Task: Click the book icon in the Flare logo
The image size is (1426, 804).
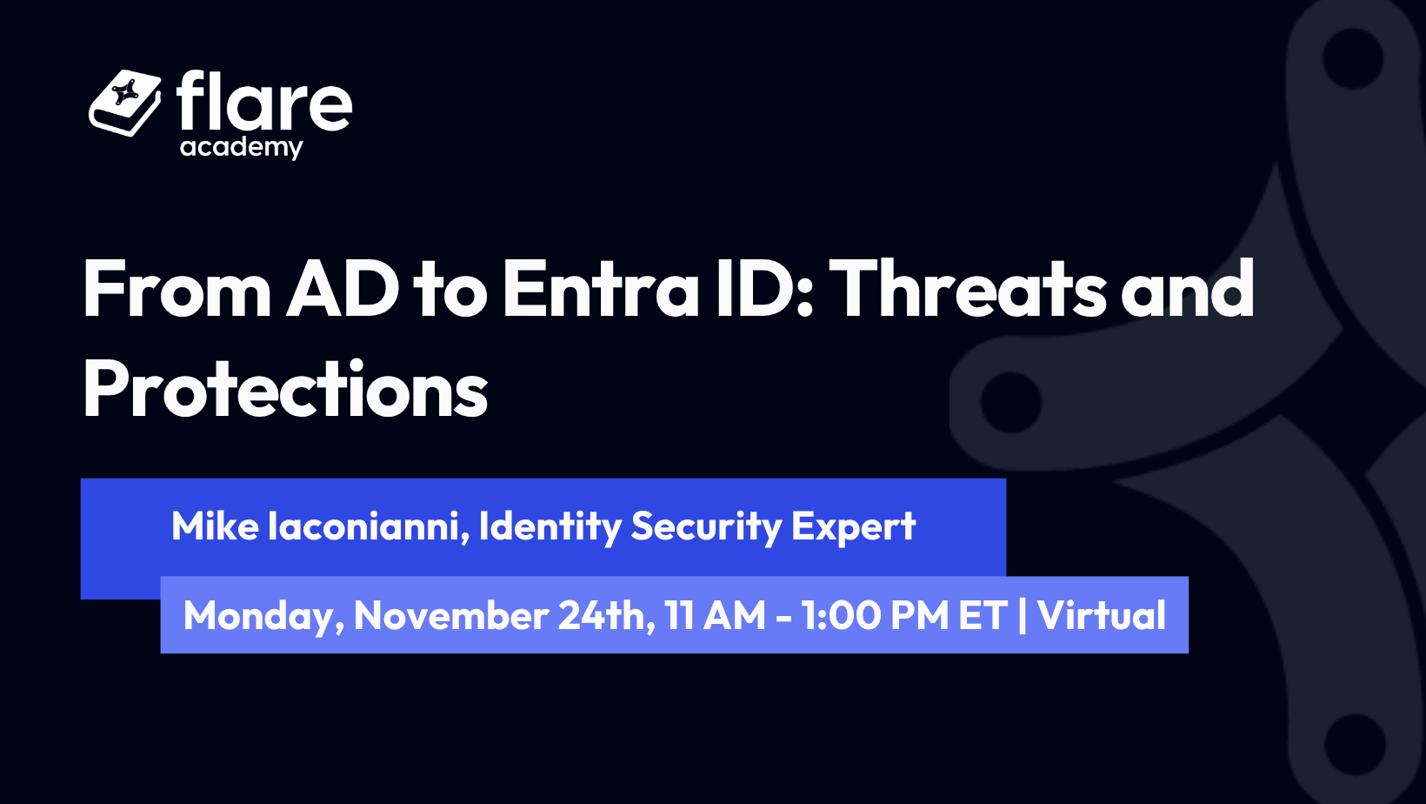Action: [125, 103]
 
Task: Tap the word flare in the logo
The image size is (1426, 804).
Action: [263, 101]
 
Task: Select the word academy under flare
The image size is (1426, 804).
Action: [241, 148]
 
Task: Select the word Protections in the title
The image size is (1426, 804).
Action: [285, 389]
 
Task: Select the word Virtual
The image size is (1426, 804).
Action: [1102, 615]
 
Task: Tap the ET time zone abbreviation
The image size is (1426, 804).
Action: [983, 615]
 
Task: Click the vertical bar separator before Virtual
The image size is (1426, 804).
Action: [1023, 615]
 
